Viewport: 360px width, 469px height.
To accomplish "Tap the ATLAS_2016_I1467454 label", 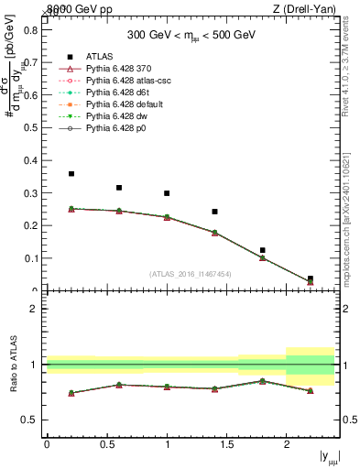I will pos(190,274).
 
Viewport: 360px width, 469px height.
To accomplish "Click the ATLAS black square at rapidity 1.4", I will pos(214,212).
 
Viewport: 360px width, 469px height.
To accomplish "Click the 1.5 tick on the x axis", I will pos(226,444).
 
